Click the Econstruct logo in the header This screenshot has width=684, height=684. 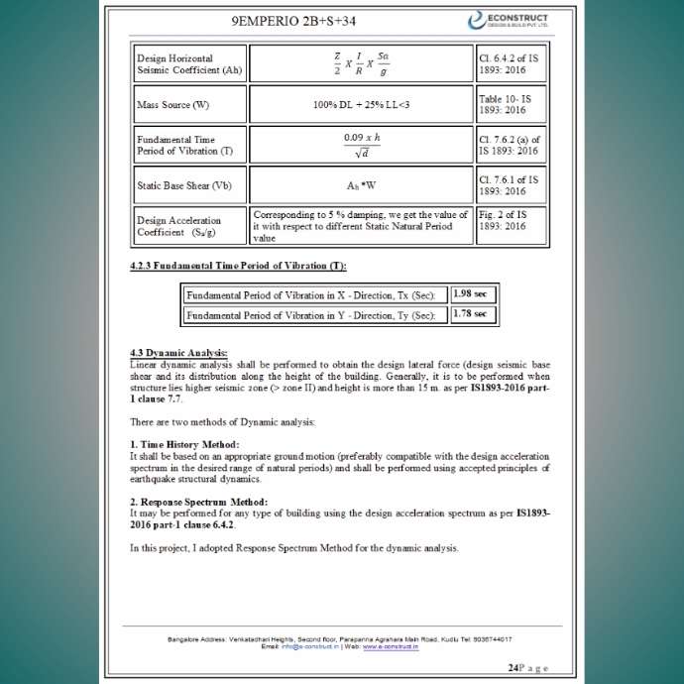coord(518,20)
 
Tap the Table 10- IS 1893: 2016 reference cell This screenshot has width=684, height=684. coord(509,104)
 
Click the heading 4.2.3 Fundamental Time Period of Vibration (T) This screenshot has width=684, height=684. coord(238,265)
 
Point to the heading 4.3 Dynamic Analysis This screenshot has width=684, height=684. coord(178,353)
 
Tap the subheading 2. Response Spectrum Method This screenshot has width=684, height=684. coord(198,502)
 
